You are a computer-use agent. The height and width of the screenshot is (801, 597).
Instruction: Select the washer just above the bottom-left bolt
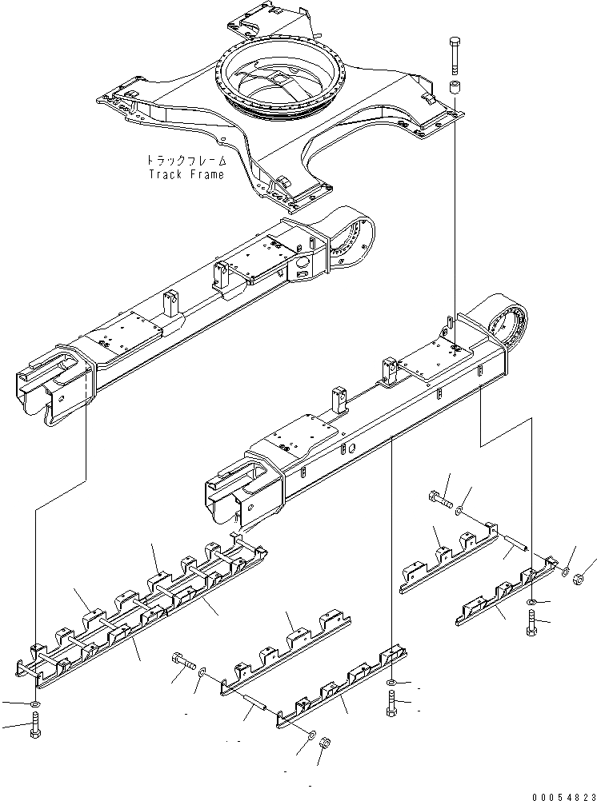pyautogui.click(x=34, y=702)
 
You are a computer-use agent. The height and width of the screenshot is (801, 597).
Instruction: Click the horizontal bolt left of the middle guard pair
pyautogui.click(x=182, y=662)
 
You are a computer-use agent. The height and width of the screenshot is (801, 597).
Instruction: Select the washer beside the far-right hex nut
pyautogui.click(x=566, y=572)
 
